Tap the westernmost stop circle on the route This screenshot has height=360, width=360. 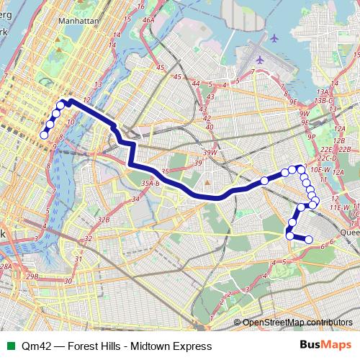tap(44, 135)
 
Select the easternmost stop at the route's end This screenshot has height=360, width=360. tap(308, 239)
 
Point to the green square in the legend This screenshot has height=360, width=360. tap(9, 346)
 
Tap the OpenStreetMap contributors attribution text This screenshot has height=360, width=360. tap(297, 323)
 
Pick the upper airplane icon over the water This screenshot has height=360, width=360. tap(274, 37)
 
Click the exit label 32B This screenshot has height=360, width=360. tap(104, 220)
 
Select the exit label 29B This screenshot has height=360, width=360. tap(32, 276)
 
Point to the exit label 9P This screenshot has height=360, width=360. tap(312, 136)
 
